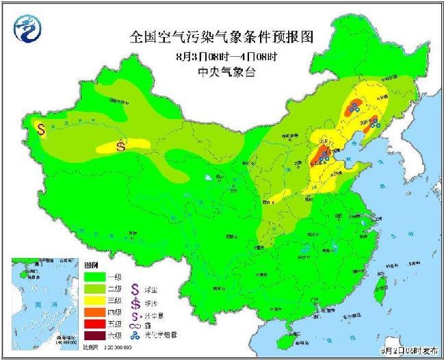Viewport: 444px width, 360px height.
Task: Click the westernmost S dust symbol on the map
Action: (41, 128)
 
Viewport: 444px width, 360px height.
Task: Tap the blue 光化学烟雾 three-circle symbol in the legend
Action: (134, 335)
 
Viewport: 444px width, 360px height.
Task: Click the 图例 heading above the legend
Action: (91, 263)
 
